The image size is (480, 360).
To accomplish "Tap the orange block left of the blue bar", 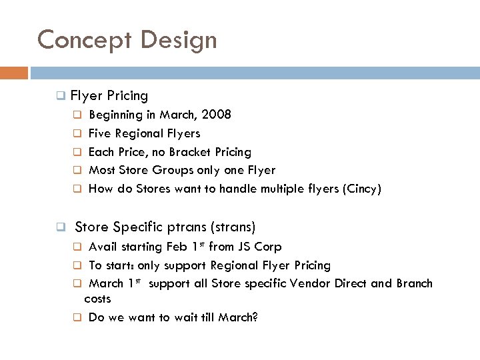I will [14, 72].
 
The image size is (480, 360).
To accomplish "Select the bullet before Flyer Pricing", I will [60, 97].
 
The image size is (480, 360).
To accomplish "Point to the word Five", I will [100, 133].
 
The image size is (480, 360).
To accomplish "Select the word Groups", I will [191, 171].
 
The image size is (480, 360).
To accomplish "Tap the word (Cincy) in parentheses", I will [361, 189].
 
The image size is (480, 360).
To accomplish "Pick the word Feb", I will [177, 247].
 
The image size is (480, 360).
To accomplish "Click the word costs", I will [98, 299].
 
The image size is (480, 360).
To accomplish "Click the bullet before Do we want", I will [77, 318].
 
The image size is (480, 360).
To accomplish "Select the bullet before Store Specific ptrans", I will [60, 227].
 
